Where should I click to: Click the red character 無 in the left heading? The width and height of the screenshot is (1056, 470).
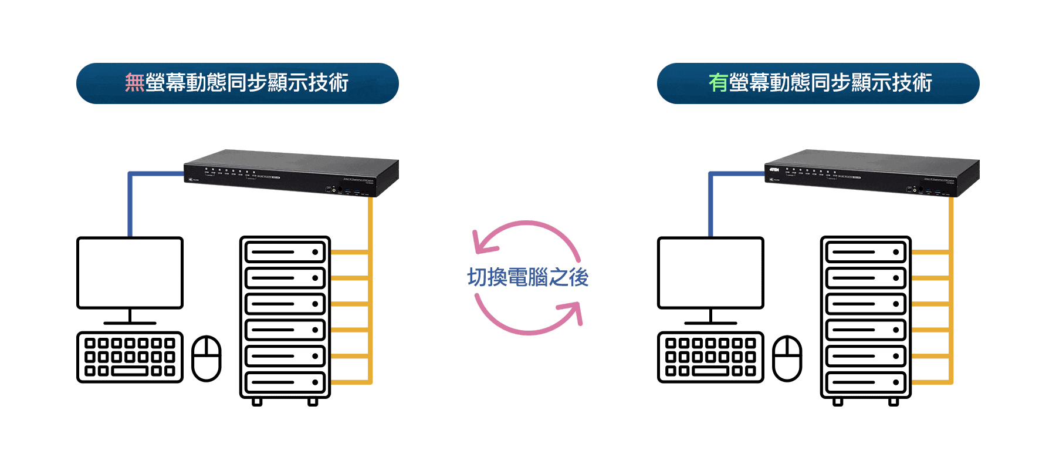134,83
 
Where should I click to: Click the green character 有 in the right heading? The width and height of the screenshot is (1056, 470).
718,83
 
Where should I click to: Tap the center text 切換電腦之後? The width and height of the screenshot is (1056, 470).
527,277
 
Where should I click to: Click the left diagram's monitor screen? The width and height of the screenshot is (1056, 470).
130,273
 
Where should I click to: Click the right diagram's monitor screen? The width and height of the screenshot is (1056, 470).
710,273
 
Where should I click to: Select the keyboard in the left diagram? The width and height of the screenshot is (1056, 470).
130,357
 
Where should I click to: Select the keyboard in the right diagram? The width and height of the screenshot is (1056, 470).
710,357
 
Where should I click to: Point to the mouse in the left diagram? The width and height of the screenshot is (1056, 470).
207,358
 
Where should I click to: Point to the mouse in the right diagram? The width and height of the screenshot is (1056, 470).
787,358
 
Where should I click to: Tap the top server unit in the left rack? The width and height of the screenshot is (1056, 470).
285,252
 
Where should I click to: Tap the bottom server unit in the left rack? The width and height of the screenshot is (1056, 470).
285,382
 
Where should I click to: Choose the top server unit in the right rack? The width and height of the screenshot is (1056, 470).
866,252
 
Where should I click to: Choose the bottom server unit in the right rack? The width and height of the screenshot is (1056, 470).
866,382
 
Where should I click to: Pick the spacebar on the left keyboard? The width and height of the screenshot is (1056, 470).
130,371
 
